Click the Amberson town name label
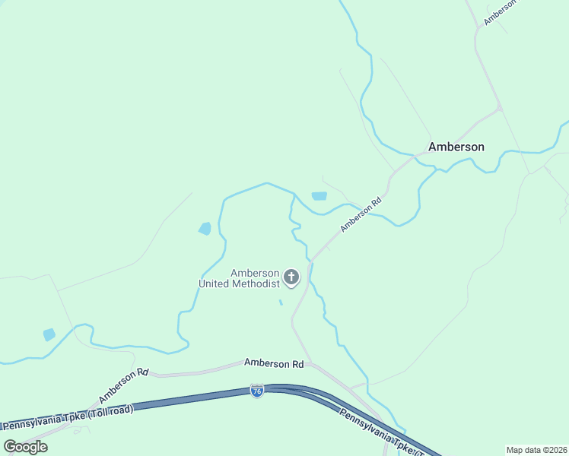pyautogui.click(x=456, y=147)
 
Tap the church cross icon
pyautogui.click(x=291, y=277)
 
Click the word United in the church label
pyautogui.click(x=215, y=283)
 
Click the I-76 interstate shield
pyautogui.click(x=257, y=391)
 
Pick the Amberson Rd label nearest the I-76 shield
pyautogui.click(x=274, y=364)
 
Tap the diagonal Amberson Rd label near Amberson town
pyautogui.click(x=361, y=216)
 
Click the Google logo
pyautogui.click(x=25, y=446)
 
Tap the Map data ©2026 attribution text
pyautogui.click(x=536, y=450)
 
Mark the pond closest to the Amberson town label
pyautogui.click(x=319, y=196)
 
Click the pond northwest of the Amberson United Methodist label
pyautogui.click(x=205, y=228)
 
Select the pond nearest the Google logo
pyautogui.click(x=49, y=334)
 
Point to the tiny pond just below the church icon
pyautogui.click(x=281, y=302)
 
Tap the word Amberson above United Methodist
pyautogui.click(x=256, y=273)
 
